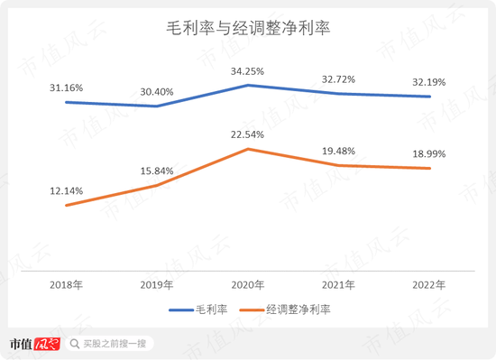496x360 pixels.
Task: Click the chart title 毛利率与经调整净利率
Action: coord(248,29)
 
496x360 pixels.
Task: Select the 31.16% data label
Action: coord(68,88)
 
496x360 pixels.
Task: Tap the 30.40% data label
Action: coord(158,91)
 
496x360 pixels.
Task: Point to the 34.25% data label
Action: coord(248,70)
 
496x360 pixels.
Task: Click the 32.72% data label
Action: coord(339,78)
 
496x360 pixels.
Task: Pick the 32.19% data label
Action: coord(429,81)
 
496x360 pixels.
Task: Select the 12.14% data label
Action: coord(68,190)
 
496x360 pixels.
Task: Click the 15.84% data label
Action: coord(158,171)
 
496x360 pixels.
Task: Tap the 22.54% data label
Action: coord(248,134)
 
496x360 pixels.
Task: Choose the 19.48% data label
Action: coord(339,151)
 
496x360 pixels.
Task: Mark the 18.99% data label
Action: coord(429,153)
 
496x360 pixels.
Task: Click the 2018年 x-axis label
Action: coord(68,284)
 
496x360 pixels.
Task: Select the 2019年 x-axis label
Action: coord(158,284)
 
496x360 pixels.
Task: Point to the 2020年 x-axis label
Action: coord(248,284)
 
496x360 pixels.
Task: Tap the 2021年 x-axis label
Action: coord(339,284)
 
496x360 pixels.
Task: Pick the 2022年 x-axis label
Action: coord(429,284)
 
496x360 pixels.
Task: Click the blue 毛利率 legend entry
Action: coord(200,309)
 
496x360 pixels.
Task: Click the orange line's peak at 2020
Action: coord(248,149)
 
